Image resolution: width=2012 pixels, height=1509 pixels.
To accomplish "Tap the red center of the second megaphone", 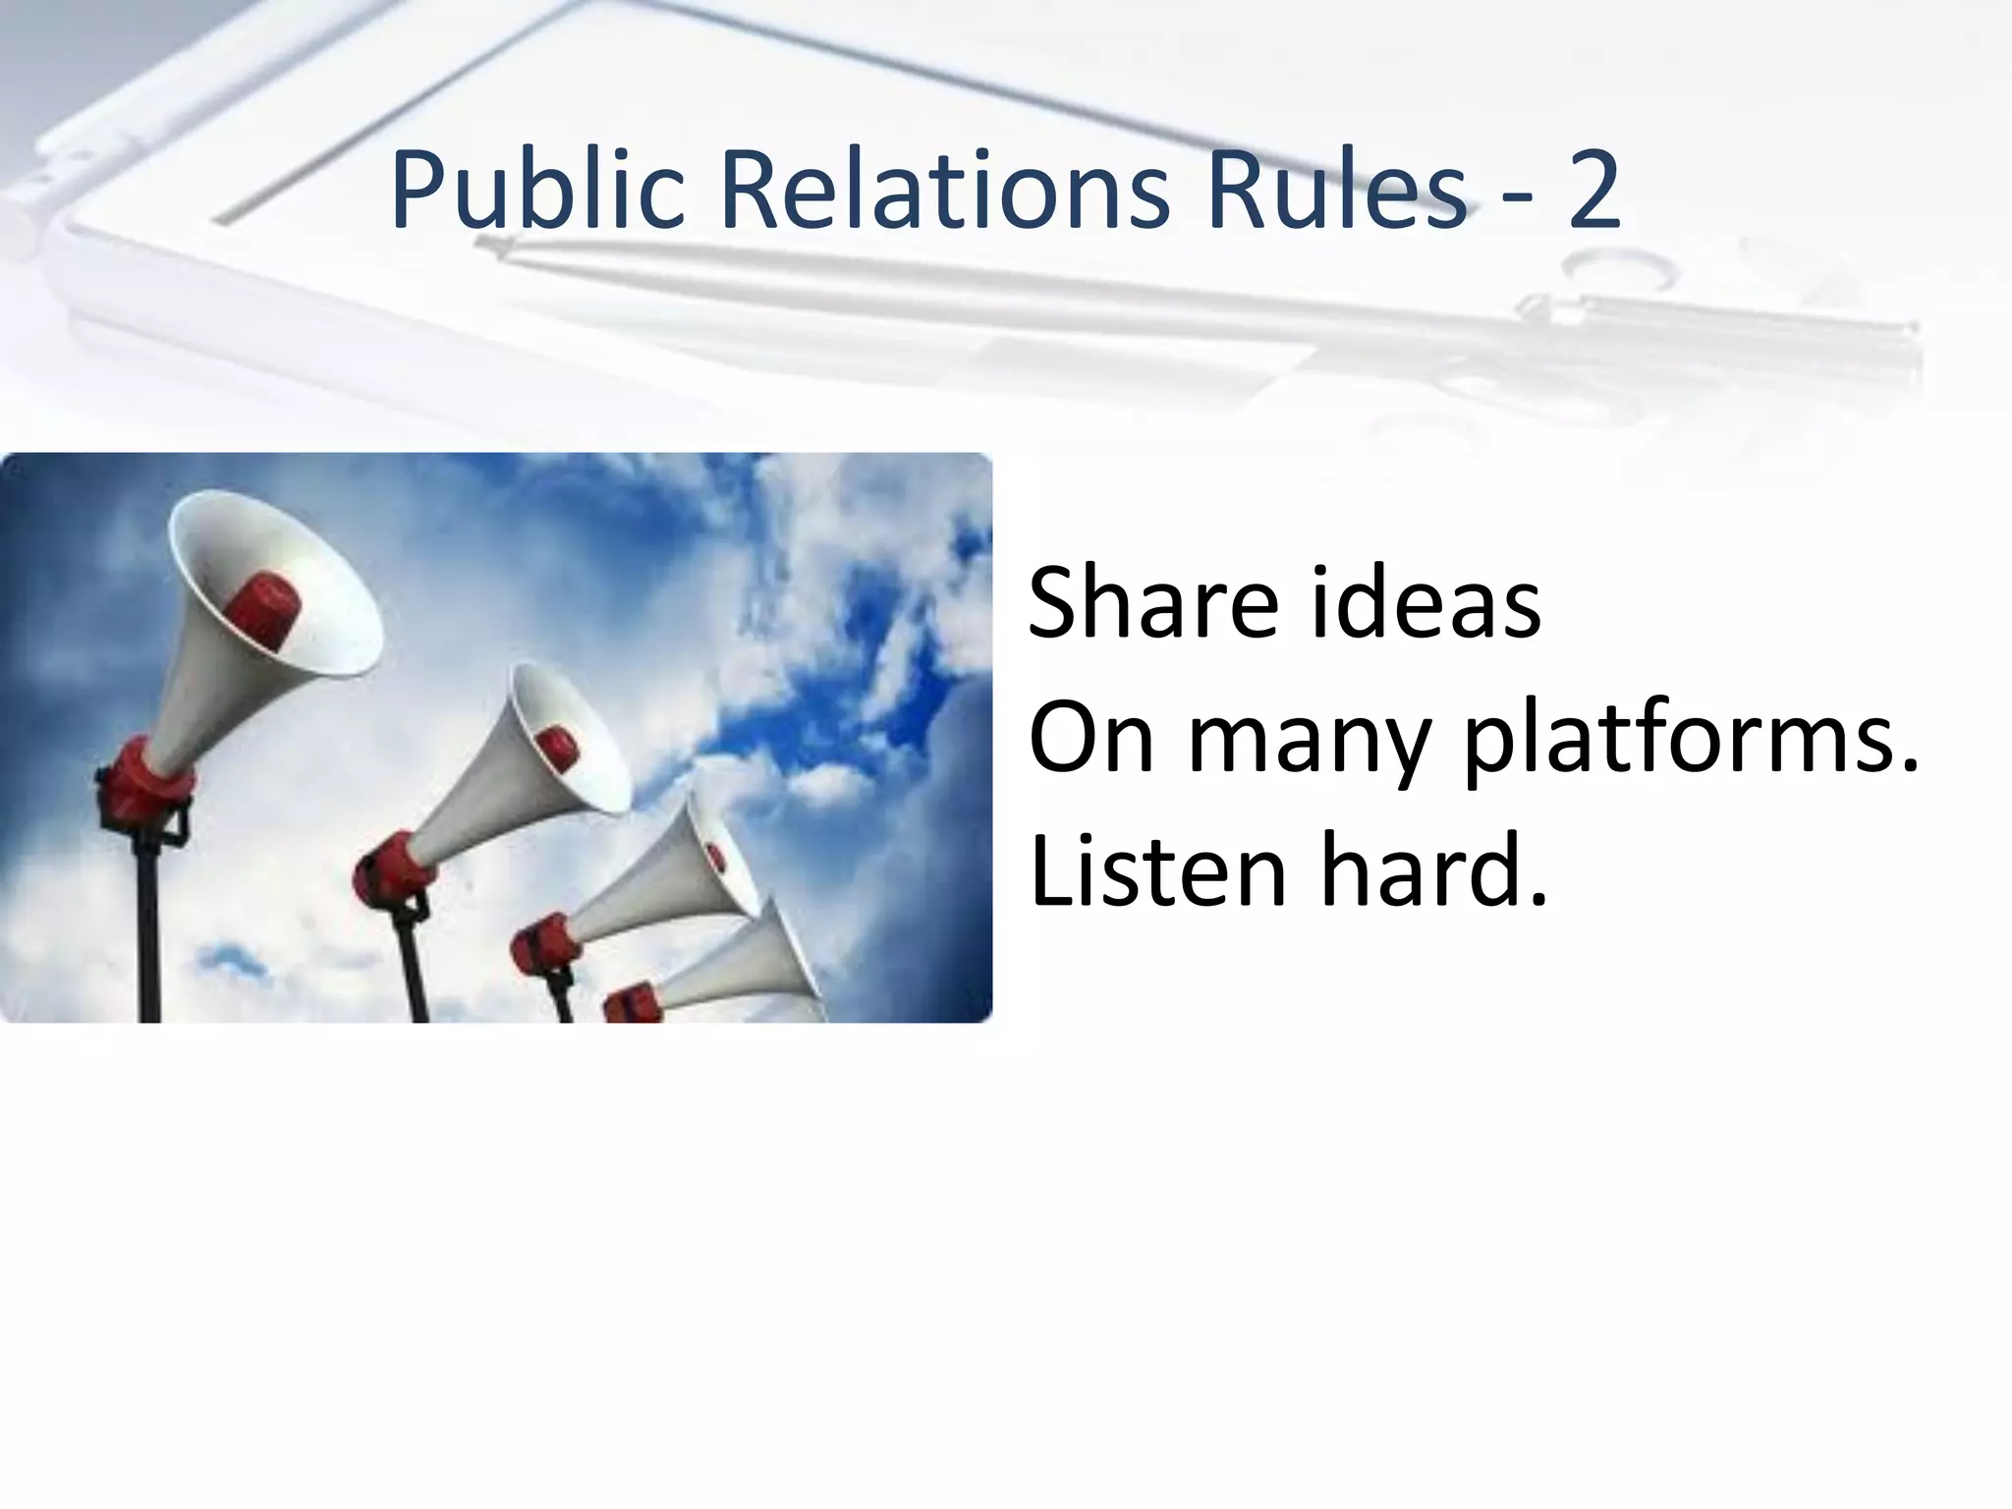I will tap(558, 748).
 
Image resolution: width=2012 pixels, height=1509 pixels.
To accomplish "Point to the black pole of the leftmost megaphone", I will tap(149, 933).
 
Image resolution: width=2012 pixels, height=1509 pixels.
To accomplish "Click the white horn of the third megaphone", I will tap(668, 874).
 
